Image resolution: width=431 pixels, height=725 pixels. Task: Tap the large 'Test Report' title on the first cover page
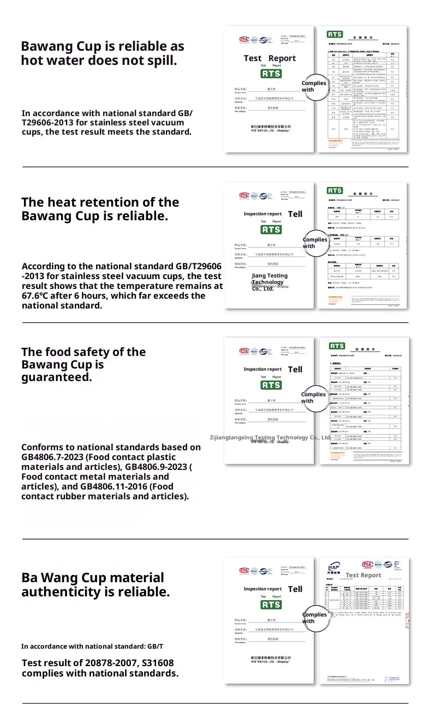(270, 58)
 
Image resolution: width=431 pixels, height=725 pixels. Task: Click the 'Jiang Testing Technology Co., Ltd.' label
(270, 282)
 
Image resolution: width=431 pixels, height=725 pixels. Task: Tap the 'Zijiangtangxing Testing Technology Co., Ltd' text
(270, 437)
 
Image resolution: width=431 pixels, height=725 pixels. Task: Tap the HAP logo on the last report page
(334, 567)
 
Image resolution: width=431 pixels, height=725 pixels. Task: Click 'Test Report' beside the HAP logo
(363, 575)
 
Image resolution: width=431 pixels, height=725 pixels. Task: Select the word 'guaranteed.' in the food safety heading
(57, 377)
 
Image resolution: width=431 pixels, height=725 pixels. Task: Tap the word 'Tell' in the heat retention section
(295, 214)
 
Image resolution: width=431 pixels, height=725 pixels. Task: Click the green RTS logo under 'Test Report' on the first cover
(271, 74)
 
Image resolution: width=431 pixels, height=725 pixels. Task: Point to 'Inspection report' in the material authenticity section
(262, 589)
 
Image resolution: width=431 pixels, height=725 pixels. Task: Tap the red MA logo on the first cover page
(243, 39)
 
